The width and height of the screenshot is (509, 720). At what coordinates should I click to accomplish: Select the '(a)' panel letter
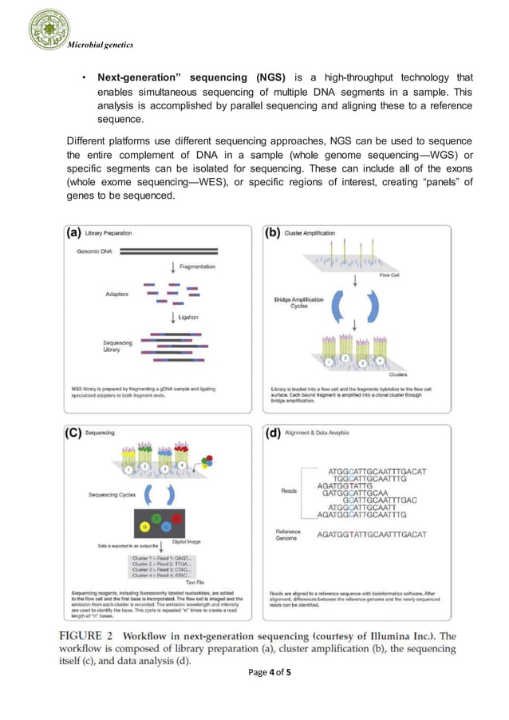click(73, 233)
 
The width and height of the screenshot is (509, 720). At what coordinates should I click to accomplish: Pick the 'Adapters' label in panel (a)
click(117, 294)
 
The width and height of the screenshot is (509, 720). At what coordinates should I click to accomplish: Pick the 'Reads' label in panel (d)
click(289, 490)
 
